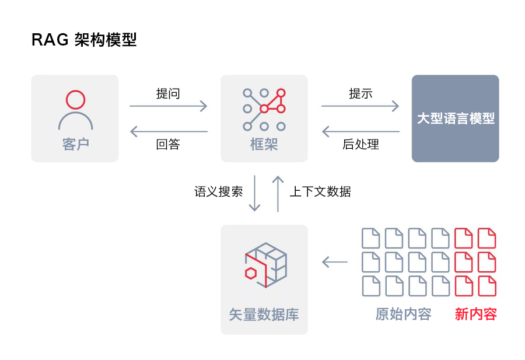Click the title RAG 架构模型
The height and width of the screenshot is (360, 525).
click(x=83, y=40)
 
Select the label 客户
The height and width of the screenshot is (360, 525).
click(x=76, y=144)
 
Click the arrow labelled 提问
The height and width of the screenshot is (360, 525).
click(x=169, y=106)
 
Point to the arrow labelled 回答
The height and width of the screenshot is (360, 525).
click(x=169, y=132)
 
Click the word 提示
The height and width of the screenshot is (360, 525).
click(x=360, y=93)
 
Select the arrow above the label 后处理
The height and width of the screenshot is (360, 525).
click(x=360, y=132)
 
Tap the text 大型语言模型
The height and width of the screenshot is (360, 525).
click(x=456, y=118)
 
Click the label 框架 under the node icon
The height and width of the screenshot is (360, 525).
click(x=264, y=144)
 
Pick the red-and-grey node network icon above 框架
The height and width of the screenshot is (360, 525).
click(x=264, y=109)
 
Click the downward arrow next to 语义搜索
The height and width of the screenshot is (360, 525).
click(x=254, y=193)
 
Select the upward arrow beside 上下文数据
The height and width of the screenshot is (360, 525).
click(x=278, y=194)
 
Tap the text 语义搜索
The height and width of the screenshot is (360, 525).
click(x=218, y=191)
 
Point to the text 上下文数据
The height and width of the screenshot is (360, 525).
click(x=320, y=191)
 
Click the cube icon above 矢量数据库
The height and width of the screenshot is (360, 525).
click(x=266, y=265)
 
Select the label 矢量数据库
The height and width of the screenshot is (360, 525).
click(x=264, y=314)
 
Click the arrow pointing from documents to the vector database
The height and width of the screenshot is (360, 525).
click(x=334, y=262)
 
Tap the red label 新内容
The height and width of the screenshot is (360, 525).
click(x=476, y=314)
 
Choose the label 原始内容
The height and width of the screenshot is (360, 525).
click(x=404, y=314)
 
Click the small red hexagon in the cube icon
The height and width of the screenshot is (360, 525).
click(x=251, y=273)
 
